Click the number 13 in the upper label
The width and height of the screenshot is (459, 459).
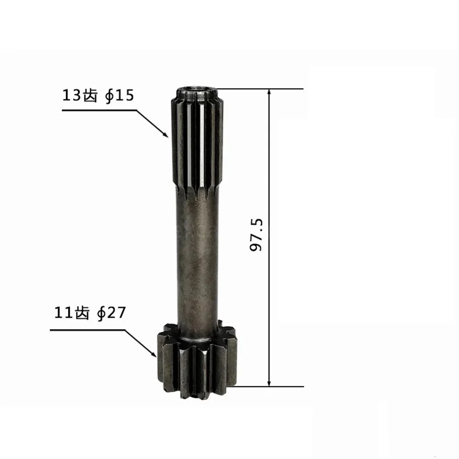pos(72,96)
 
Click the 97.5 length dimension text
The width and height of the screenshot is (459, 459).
pos(257,235)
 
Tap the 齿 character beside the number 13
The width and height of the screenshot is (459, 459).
pos(90,96)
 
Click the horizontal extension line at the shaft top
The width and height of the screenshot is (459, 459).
pos(262,89)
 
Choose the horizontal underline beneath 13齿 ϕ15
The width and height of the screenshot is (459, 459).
pos(99,110)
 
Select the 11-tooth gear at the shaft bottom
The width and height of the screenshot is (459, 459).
pos(197,363)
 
